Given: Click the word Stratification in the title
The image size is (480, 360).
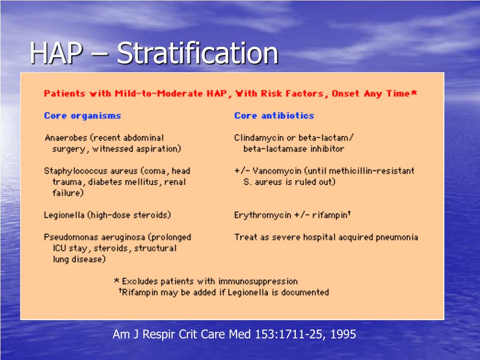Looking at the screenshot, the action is point(197,53).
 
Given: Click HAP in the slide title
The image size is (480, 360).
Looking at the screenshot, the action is point(56,53).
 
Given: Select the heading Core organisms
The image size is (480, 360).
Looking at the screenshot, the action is point(82,116).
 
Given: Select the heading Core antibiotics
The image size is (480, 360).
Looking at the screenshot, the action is point(274,116).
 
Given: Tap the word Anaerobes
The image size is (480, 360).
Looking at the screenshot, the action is point(66,138).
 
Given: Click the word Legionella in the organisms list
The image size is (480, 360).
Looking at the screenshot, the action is point(64,215).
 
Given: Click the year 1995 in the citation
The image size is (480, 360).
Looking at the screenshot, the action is point(343,334).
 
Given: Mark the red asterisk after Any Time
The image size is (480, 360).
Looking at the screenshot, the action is point(414,92).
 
